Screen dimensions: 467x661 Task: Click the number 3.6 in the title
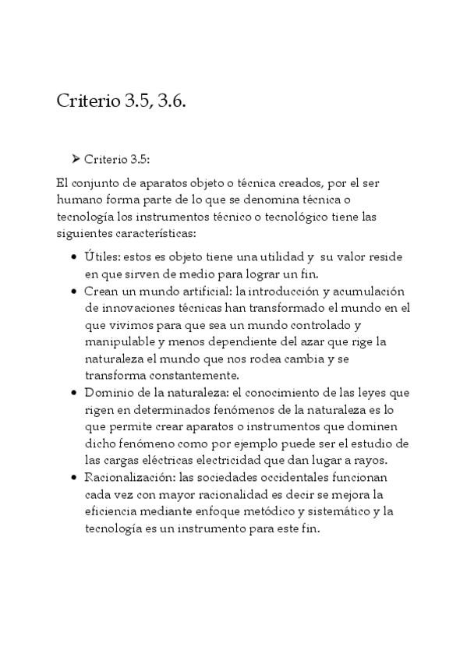coord(172,103)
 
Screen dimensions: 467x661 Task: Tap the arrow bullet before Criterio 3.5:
coord(76,159)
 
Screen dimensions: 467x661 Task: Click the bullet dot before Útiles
coord(73,256)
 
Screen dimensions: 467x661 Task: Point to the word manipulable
coord(120,341)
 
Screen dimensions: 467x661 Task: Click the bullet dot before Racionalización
coord(73,477)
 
